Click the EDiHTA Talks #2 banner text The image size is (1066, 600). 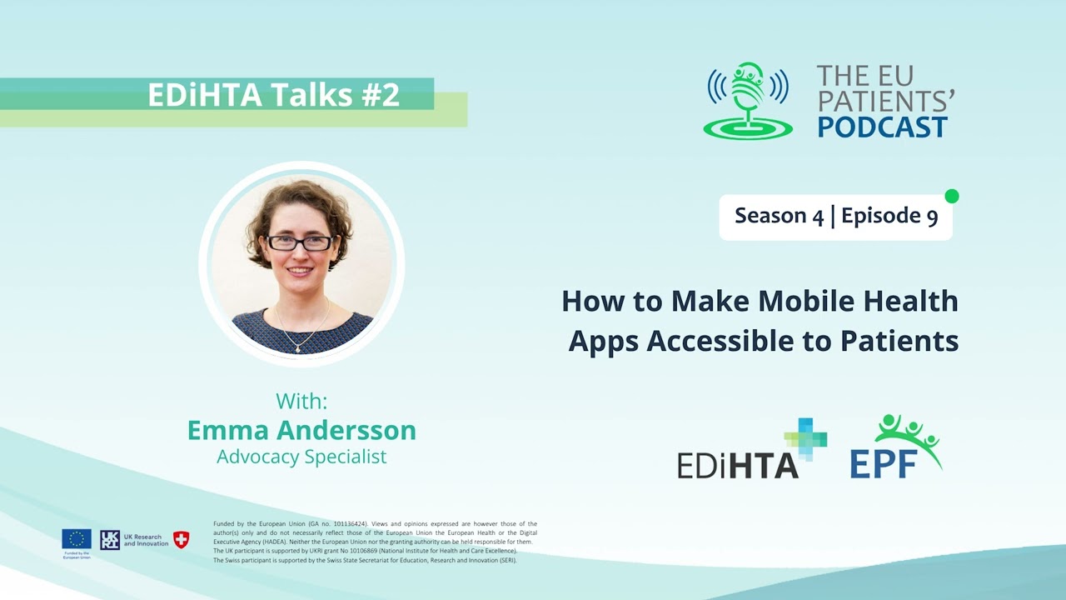coord(274,95)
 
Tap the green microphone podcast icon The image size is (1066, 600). coord(748,100)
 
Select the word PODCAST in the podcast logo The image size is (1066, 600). coord(882,127)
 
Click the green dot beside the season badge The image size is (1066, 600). coord(952,197)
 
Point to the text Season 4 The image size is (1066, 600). coord(779,217)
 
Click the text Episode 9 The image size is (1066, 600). coord(889,217)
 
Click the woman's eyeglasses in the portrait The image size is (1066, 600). coord(300,242)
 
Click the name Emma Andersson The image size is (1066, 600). coord(301,430)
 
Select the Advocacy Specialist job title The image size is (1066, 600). coord(301,457)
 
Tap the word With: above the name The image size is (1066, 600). coord(301,401)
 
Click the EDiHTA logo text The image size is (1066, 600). coord(738,465)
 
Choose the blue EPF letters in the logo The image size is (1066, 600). coord(884,463)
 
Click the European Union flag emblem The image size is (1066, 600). coord(77,539)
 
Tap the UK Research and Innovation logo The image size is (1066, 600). coord(133,540)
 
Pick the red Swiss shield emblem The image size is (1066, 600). coord(181,539)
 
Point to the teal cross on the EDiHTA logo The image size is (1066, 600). coord(805,438)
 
